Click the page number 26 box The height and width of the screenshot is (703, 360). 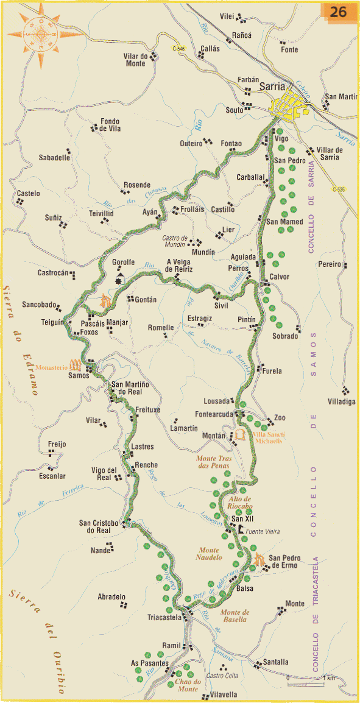pyautogui.click(x=339, y=12)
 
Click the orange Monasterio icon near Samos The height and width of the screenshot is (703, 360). pyautogui.click(x=76, y=366)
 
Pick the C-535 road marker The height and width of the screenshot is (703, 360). pyautogui.click(x=339, y=189)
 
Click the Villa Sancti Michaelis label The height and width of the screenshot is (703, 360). pyautogui.click(x=267, y=437)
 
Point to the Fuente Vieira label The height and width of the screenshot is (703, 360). pyautogui.click(x=263, y=532)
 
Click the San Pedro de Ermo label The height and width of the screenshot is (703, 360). pyautogui.click(x=283, y=561)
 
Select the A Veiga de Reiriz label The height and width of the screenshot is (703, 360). pyautogui.click(x=180, y=266)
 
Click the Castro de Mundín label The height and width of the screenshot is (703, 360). pyautogui.click(x=178, y=241)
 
